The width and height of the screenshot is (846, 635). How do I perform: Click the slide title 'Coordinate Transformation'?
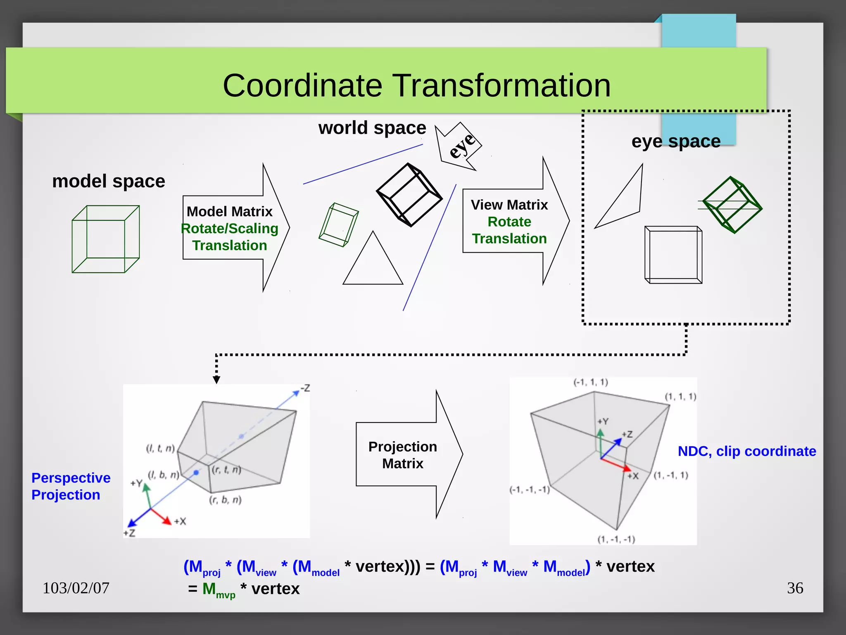click(416, 86)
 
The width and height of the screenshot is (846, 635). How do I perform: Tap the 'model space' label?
click(109, 181)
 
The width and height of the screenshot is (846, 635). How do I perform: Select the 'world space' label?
click(372, 128)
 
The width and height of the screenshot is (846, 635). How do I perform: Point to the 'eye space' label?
click(676, 141)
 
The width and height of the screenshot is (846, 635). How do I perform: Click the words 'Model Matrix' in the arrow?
click(229, 212)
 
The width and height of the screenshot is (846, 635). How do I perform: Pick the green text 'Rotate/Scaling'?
click(230, 229)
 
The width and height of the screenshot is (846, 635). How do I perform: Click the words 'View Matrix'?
click(509, 205)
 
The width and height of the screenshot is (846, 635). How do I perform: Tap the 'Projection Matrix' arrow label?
click(402, 455)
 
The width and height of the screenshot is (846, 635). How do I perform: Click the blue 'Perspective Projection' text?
click(71, 486)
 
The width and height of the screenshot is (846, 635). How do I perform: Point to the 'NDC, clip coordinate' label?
click(746, 451)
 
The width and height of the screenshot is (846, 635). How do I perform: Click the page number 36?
click(795, 588)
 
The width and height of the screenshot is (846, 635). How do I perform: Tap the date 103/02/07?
click(76, 588)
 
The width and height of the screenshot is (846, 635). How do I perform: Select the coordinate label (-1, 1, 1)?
click(591, 382)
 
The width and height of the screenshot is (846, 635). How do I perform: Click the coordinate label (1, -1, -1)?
click(616, 539)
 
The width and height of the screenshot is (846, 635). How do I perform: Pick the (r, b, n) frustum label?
click(225, 500)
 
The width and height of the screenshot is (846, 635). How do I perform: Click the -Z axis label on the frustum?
click(305, 388)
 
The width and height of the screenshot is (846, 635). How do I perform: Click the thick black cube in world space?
click(409, 195)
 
